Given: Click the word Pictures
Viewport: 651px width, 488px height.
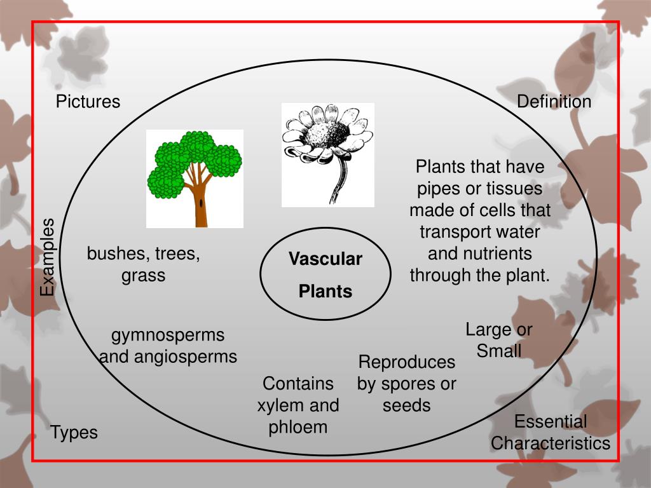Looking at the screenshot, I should pyautogui.click(x=88, y=102).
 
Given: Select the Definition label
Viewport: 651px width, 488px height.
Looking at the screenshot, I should pyautogui.click(x=554, y=102).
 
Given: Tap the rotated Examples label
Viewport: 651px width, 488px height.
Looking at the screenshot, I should pyautogui.click(x=48, y=257).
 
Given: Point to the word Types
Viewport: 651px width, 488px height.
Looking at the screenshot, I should pyautogui.click(x=74, y=433).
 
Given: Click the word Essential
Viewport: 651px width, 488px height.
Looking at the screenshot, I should pyautogui.click(x=551, y=421).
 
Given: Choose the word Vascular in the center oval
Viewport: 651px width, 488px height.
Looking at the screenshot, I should pyautogui.click(x=325, y=259).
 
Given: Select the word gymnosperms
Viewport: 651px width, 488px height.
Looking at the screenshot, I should pyautogui.click(x=168, y=335).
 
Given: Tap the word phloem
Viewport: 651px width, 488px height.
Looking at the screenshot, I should pyautogui.click(x=298, y=427).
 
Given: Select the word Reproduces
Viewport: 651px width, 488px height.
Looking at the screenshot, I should pyautogui.click(x=407, y=362).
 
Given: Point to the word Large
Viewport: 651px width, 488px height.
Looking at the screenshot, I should pyautogui.click(x=488, y=329).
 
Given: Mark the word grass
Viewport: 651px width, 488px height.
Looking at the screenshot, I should pyautogui.click(x=144, y=276).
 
